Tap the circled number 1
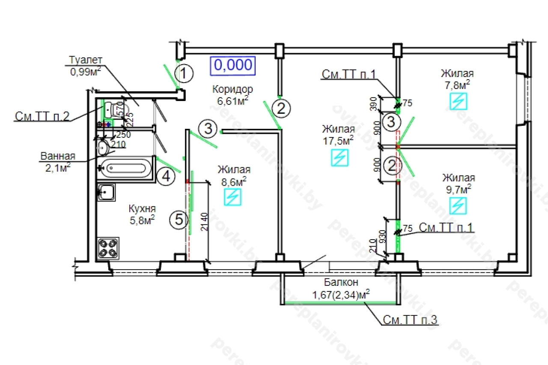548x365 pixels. point(184,74)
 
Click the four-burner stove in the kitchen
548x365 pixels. point(107,248)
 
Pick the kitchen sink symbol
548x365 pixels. point(106,193)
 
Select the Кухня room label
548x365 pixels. point(142,209)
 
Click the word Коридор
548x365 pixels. point(232,89)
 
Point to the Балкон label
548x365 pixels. point(341,282)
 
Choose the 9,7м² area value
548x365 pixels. point(458,188)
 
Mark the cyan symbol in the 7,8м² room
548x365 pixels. point(459,101)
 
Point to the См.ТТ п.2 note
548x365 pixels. point(42,116)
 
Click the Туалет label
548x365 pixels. point(86,60)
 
